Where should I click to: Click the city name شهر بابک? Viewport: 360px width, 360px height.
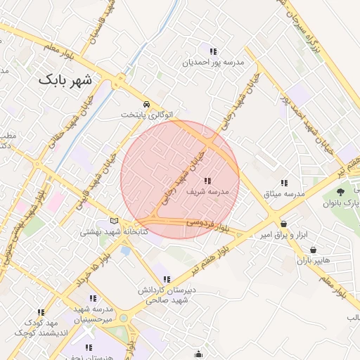tap(65, 79)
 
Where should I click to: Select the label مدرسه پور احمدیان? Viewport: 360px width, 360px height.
tap(212, 62)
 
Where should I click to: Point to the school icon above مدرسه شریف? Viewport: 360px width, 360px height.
tap(207, 180)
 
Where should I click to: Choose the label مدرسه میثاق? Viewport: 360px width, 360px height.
tap(284, 193)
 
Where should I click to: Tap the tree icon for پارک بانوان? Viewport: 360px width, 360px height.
tap(340, 191)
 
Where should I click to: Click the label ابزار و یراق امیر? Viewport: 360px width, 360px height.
tap(285, 234)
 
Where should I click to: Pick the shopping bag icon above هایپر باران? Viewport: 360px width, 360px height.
tap(312, 250)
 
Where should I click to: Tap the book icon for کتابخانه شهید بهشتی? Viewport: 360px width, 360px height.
tap(115, 221)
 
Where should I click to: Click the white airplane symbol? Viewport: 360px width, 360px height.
tap(89, 330)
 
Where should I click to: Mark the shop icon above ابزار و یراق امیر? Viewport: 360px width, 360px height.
tap(283, 224)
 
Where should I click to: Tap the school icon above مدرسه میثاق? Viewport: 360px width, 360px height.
tap(284, 182)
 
